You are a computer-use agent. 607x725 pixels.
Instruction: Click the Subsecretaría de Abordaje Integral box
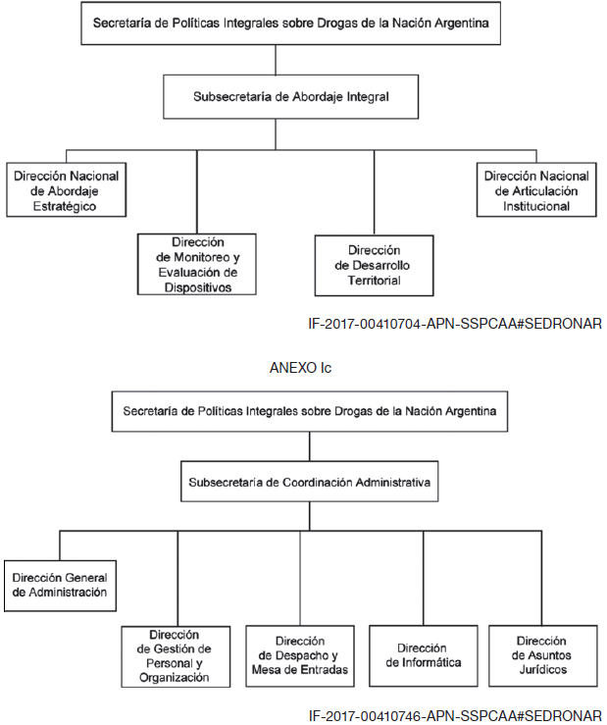(x=291, y=97)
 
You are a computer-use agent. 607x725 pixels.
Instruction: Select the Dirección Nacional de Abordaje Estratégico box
(x=66, y=189)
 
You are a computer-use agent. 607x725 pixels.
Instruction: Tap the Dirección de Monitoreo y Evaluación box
(x=197, y=264)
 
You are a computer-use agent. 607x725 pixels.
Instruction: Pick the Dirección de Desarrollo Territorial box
(x=374, y=266)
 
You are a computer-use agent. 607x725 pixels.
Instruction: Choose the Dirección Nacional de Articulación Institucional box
(x=536, y=189)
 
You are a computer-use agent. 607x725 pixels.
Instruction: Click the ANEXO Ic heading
(x=300, y=368)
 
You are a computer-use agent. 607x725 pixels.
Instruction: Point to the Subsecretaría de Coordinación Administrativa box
(x=309, y=482)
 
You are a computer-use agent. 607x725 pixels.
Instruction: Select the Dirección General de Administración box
(x=60, y=586)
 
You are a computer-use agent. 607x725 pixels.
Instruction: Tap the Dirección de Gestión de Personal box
(x=176, y=656)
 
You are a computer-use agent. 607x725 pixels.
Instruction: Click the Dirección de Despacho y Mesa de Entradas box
(x=300, y=655)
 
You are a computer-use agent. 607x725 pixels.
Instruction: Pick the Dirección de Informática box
(x=424, y=655)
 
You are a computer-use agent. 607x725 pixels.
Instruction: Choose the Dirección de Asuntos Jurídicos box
(x=542, y=655)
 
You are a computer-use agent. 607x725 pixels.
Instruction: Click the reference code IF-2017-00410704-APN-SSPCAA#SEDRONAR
(x=455, y=324)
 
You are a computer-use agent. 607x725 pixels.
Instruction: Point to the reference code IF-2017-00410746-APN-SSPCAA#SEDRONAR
(x=455, y=716)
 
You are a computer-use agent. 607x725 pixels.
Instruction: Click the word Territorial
(x=374, y=281)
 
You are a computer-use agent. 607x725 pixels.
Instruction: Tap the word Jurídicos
(x=542, y=669)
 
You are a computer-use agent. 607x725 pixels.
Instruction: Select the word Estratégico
(x=65, y=206)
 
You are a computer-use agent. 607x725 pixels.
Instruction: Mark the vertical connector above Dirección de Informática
(x=423, y=578)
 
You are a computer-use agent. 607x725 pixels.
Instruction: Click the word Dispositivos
(x=198, y=287)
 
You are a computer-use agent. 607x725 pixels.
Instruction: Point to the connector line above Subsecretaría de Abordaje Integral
(x=276, y=60)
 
